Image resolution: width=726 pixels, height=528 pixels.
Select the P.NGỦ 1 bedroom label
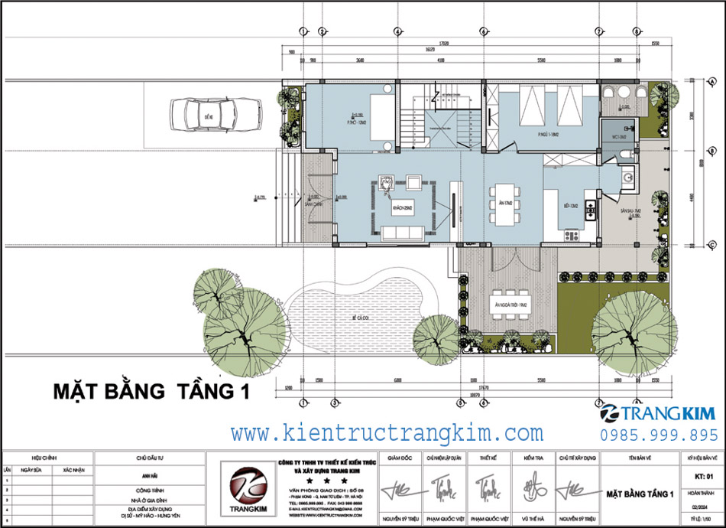click(x=546, y=135)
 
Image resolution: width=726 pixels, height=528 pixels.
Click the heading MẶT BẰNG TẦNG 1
click(x=152, y=393)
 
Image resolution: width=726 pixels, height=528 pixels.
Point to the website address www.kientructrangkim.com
click(x=387, y=433)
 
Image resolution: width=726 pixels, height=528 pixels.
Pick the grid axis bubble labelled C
click(x=711, y=245)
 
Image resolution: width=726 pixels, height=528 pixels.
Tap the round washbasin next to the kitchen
click(x=628, y=179)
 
